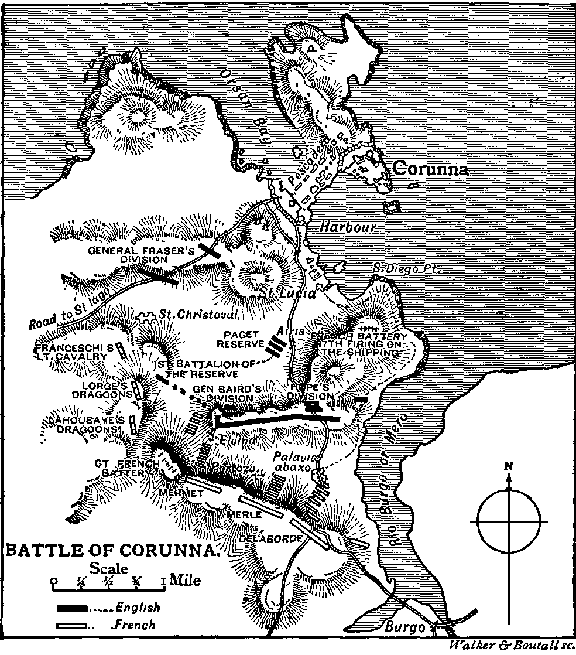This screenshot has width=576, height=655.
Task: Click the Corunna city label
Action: [x=431, y=169]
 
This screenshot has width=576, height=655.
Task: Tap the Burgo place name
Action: [x=404, y=626]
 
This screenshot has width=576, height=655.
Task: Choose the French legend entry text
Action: [x=135, y=625]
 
